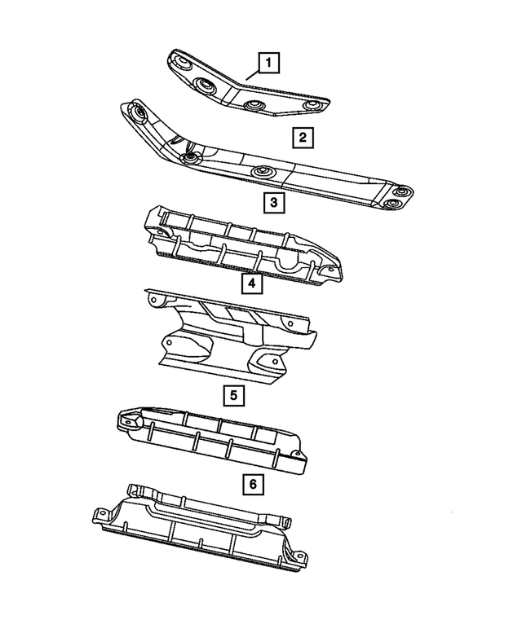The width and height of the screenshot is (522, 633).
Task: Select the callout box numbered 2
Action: pos(301,138)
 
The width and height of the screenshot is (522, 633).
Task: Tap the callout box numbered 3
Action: pos(273,202)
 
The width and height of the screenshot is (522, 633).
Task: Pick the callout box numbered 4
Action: pos(252,284)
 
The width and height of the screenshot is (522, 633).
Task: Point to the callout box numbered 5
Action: pos(233,396)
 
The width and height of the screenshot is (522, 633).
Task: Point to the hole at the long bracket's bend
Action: pos(191,157)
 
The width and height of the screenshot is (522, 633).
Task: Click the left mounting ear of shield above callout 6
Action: pos(129,421)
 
